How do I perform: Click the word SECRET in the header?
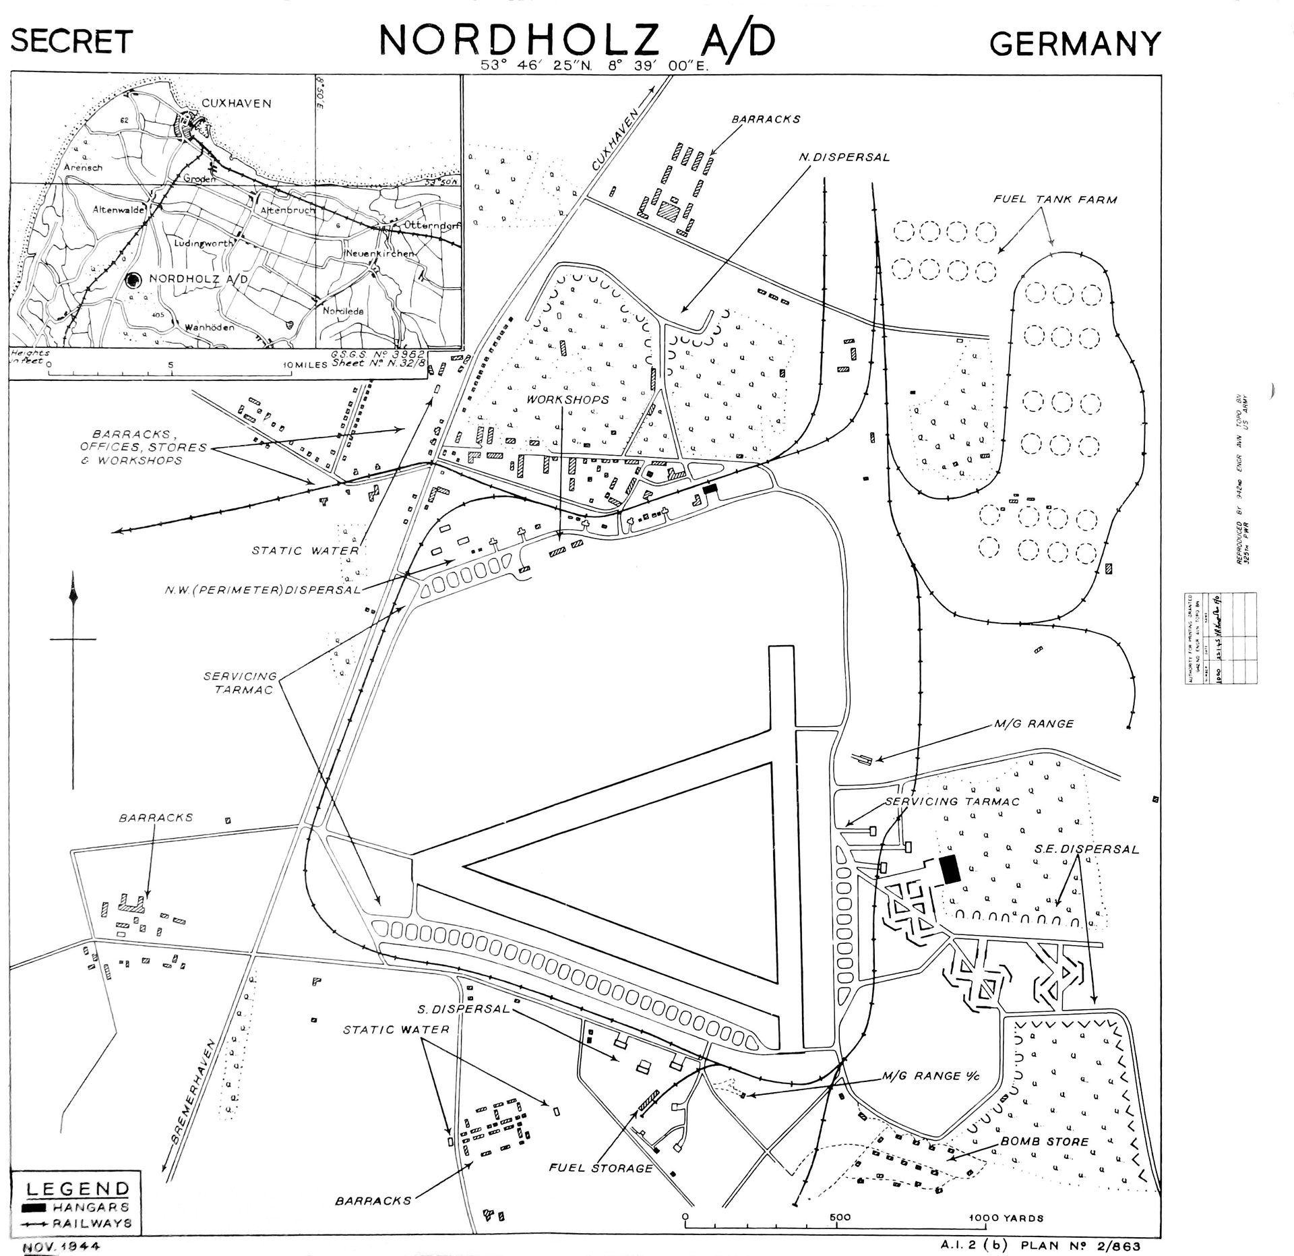[x=71, y=42]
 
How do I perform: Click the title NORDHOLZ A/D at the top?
[x=577, y=40]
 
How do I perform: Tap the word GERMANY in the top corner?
[x=1076, y=43]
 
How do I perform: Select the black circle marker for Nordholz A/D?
[x=134, y=279]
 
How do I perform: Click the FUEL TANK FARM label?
[x=1055, y=200]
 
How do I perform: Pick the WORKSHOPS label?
[x=568, y=400]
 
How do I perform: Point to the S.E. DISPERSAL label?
[x=1086, y=849]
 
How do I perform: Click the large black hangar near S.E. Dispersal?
[x=950, y=870]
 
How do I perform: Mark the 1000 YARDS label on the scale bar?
[x=1006, y=1199]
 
